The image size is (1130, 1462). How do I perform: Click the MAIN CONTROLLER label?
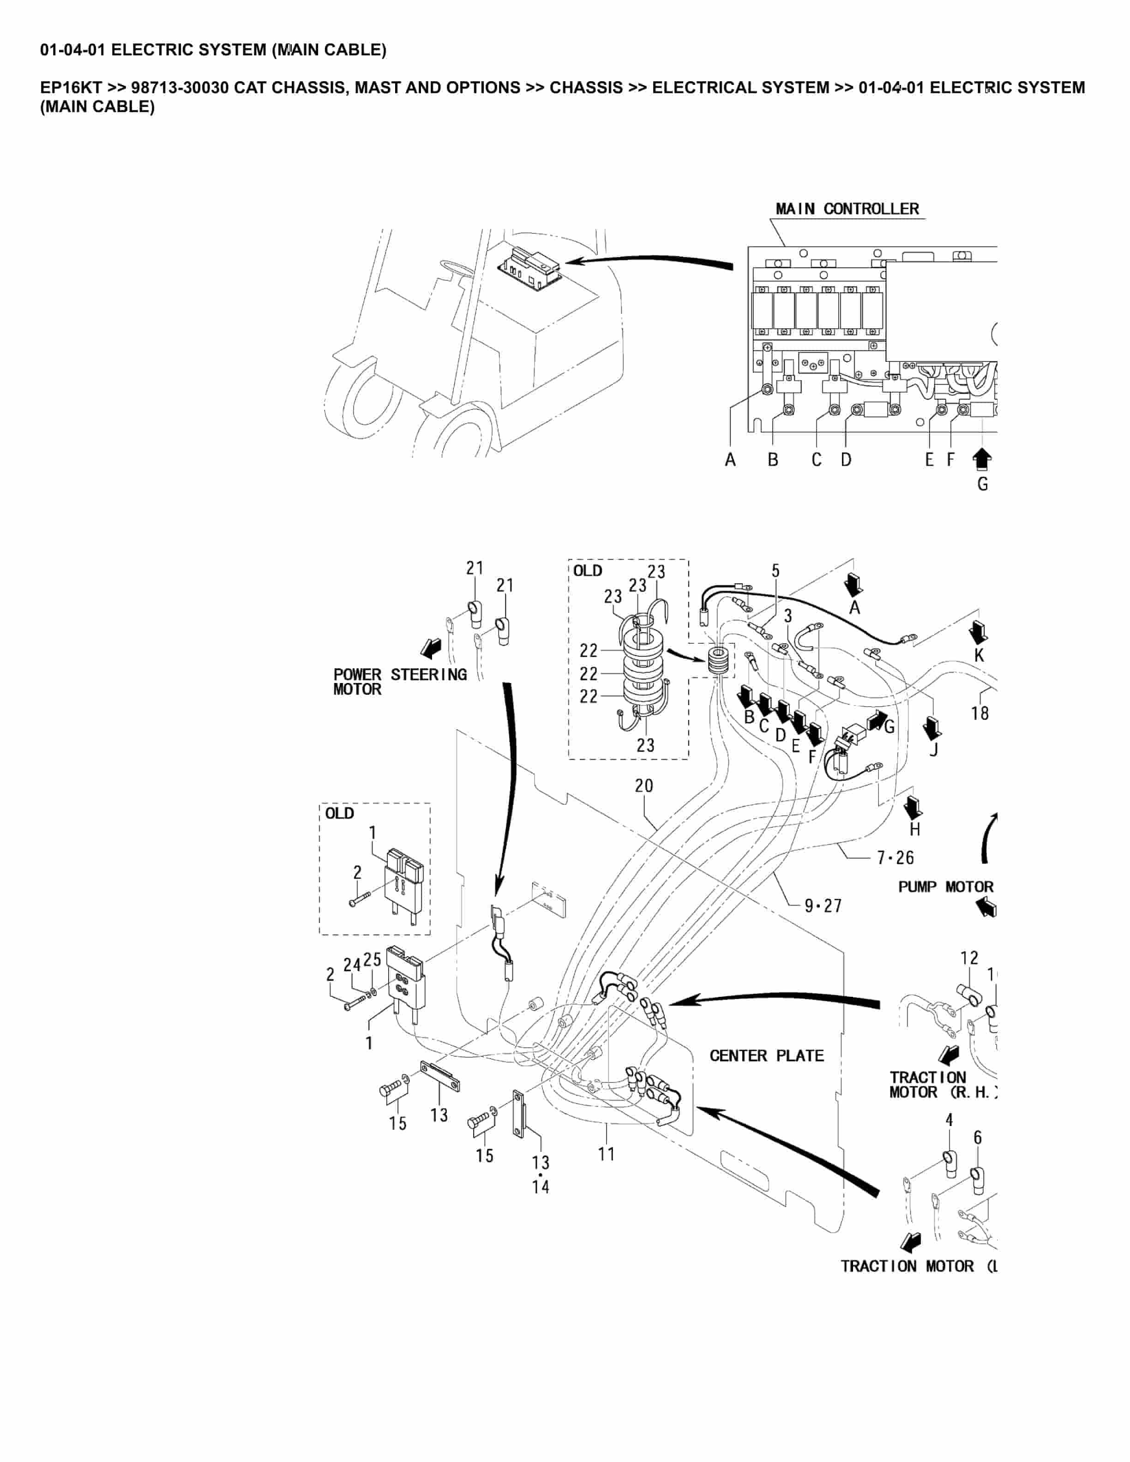[x=847, y=209]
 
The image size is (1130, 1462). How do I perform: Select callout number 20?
[x=643, y=785]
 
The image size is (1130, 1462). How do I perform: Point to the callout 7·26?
[x=895, y=857]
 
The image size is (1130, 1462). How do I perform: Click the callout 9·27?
[x=823, y=906]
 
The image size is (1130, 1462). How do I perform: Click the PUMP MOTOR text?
[x=945, y=887]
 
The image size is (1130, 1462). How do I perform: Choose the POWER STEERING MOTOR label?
[x=400, y=682]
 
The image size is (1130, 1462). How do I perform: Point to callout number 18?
[x=980, y=713]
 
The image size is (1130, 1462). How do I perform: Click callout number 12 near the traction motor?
[x=968, y=958]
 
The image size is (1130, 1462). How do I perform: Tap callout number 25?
[x=372, y=959]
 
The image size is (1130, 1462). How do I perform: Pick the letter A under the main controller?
[x=730, y=460]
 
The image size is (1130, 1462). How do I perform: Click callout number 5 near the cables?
[x=775, y=571]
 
